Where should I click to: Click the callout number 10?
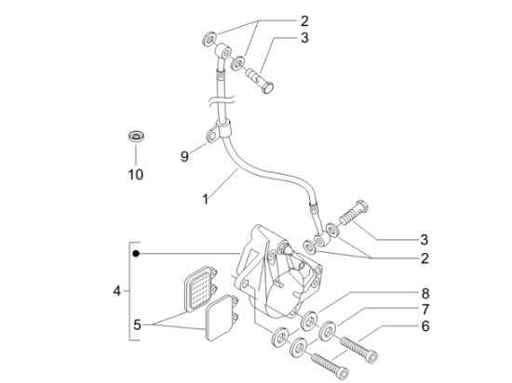coord(136,175)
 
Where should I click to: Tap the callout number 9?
coord(184,157)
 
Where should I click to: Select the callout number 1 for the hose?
coord(205,200)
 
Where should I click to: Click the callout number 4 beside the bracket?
coord(117,291)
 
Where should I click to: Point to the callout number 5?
coord(137,324)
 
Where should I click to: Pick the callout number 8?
coord(425,326)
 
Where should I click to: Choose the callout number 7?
coord(425,310)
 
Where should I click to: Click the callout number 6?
coord(425,294)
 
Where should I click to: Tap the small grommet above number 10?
coord(136,136)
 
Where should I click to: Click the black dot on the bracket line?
coord(136,253)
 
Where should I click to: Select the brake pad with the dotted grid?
coord(199,287)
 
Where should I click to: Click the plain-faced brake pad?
coord(222,318)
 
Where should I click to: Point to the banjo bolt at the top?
coord(260,80)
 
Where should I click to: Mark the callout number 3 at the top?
coord(304,38)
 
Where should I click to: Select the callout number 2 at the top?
coord(304,21)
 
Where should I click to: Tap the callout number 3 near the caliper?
coord(424,240)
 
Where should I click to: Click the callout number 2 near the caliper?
coord(424,258)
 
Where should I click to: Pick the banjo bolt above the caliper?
coord(354,212)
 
